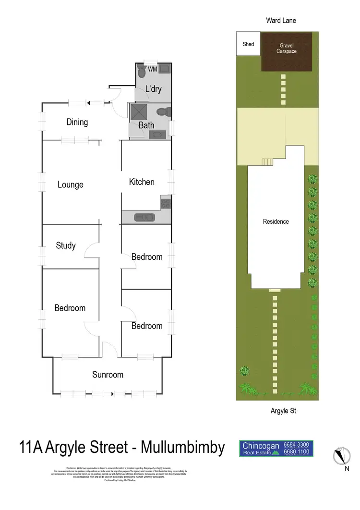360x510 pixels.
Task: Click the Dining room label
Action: coord(77,122)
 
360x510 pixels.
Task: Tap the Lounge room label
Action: coord(71,184)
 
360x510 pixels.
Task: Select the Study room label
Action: coord(66,245)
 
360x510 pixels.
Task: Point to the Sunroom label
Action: coord(108,375)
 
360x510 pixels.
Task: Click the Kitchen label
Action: coord(142,182)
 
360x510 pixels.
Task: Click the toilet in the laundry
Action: coord(142,73)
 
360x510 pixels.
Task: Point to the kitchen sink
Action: coord(144,218)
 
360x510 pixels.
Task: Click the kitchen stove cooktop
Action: coord(166,203)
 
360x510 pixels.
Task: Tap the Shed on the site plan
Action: coord(248,45)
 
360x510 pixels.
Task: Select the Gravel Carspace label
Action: coord(286,48)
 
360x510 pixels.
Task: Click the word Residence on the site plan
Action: coord(276,221)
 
